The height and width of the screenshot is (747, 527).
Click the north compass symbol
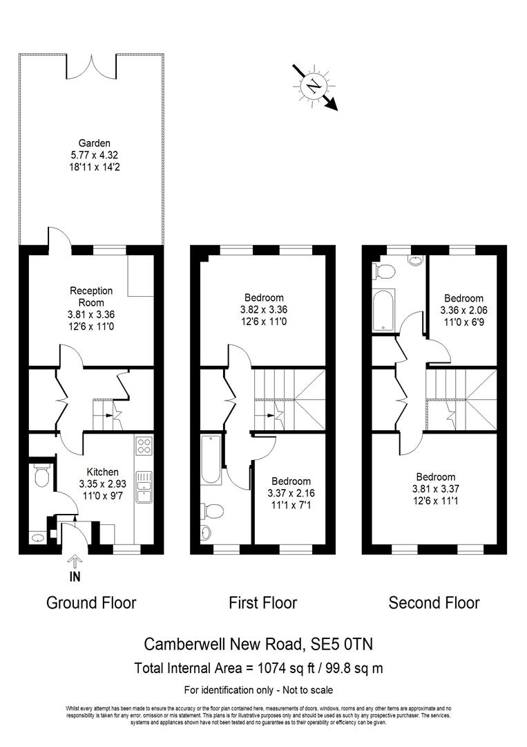coord(314,86)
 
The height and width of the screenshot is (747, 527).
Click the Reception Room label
coord(91,297)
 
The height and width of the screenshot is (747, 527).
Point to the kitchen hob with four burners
coord(145,445)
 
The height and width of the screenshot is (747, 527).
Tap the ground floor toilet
coord(40,475)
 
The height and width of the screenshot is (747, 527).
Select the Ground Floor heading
coord(91,602)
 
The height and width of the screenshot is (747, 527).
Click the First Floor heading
coord(262,602)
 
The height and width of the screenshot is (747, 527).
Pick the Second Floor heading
coord(434,602)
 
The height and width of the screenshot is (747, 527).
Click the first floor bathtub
coord(211,461)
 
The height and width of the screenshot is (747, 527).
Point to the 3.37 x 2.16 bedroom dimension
coord(290,493)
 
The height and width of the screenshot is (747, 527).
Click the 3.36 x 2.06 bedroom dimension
coord(463,311)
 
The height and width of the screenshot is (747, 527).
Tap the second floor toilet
coord(384,271)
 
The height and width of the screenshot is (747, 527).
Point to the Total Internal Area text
coord(258,668)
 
